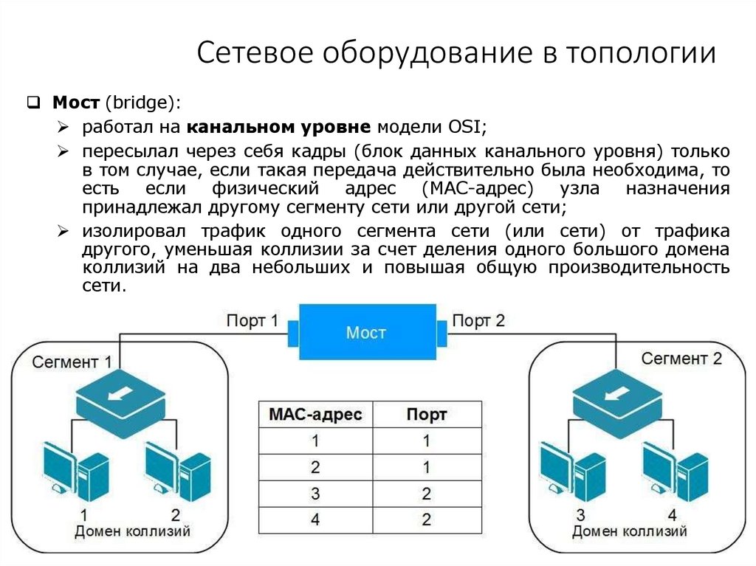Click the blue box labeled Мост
coord(366,333)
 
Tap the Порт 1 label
coord(253,321)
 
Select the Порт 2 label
coord(478,321)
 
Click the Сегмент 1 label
coord(72,362)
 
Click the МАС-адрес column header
coord(315,414)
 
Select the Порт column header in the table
coord(427,414)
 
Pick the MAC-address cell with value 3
coord(315,493)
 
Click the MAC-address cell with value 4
coord(315,520)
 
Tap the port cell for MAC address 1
coord(427,441)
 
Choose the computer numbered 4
coord(674,472)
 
